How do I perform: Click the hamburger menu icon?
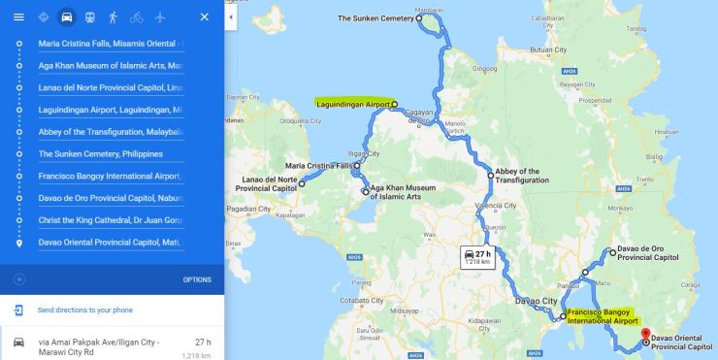18,17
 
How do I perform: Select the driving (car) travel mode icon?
67,17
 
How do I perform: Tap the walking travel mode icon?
113,17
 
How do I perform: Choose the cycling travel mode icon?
136,17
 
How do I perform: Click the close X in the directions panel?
204,17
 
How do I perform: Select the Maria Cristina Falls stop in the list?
110,44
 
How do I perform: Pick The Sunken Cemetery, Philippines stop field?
110,154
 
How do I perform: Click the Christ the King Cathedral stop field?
110,220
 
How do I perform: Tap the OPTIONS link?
197,279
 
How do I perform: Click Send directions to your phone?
84,311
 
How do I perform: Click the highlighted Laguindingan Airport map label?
352,102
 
